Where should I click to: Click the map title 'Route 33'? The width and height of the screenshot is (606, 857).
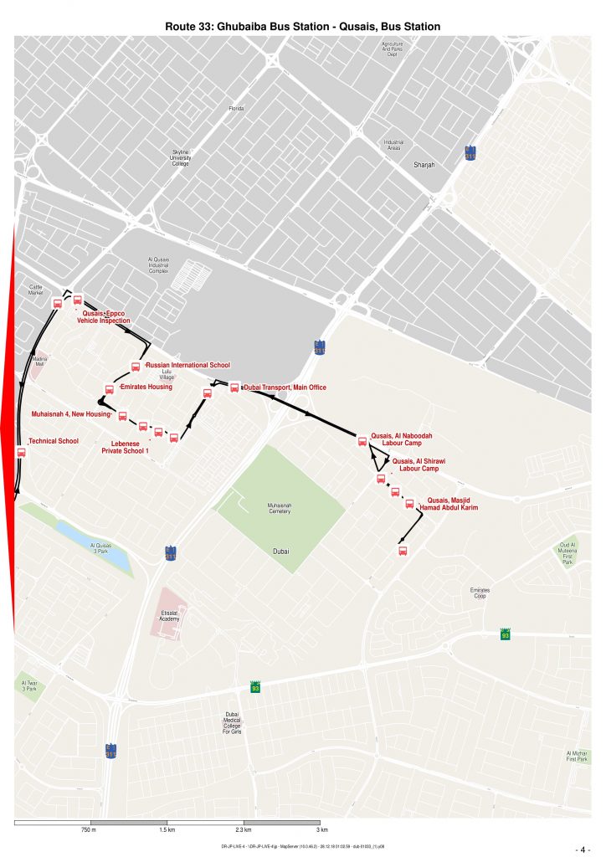[x=303, y=27]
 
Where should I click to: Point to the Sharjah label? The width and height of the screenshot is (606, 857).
[x=425, y=165]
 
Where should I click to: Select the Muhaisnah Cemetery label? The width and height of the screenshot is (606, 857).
[x=280, y=509]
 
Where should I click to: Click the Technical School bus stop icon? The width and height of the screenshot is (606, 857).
[x=22, y=452]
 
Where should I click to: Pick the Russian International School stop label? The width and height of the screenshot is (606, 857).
[x=187, y=366]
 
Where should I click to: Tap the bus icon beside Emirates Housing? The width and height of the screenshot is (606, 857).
[x=109, y=388]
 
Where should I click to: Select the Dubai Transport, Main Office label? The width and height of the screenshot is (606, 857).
[x=284, y=387]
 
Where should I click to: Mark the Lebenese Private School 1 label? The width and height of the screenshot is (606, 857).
[x=124, y=447]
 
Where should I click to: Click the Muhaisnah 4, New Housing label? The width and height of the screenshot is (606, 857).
[x=71, y=414]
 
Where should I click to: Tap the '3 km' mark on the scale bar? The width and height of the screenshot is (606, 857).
[x=321, y=829]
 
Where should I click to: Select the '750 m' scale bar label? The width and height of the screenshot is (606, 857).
[x=90, y=829]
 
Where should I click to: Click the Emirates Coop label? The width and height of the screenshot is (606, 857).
[x=479, y=593]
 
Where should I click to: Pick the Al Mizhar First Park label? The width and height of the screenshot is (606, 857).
[x=576, y=756]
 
